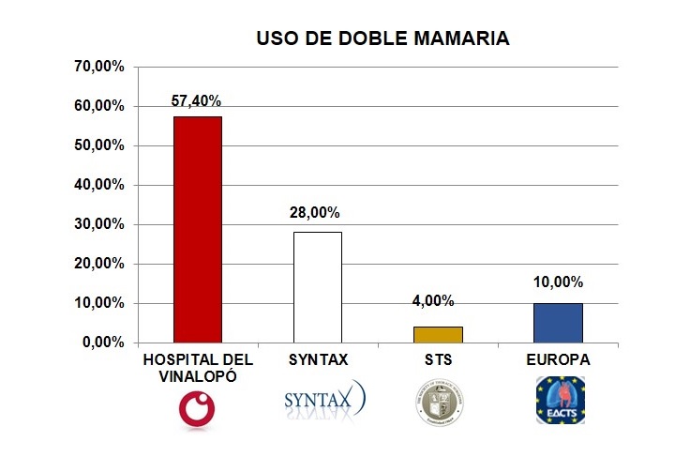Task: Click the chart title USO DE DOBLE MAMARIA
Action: tap(383, 38)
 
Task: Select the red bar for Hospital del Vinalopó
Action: tap(198, 229)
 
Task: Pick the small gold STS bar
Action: tap(438, 334)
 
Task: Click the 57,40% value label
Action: tap(198, 100)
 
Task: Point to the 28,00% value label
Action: tap(318, 214)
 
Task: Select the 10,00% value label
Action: tap(559, 282)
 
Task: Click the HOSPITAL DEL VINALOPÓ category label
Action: tap(198, 368)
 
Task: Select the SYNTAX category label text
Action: tap(318, 360)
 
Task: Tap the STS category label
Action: tap(438, 360)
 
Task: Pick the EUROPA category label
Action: tap(559, 360)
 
